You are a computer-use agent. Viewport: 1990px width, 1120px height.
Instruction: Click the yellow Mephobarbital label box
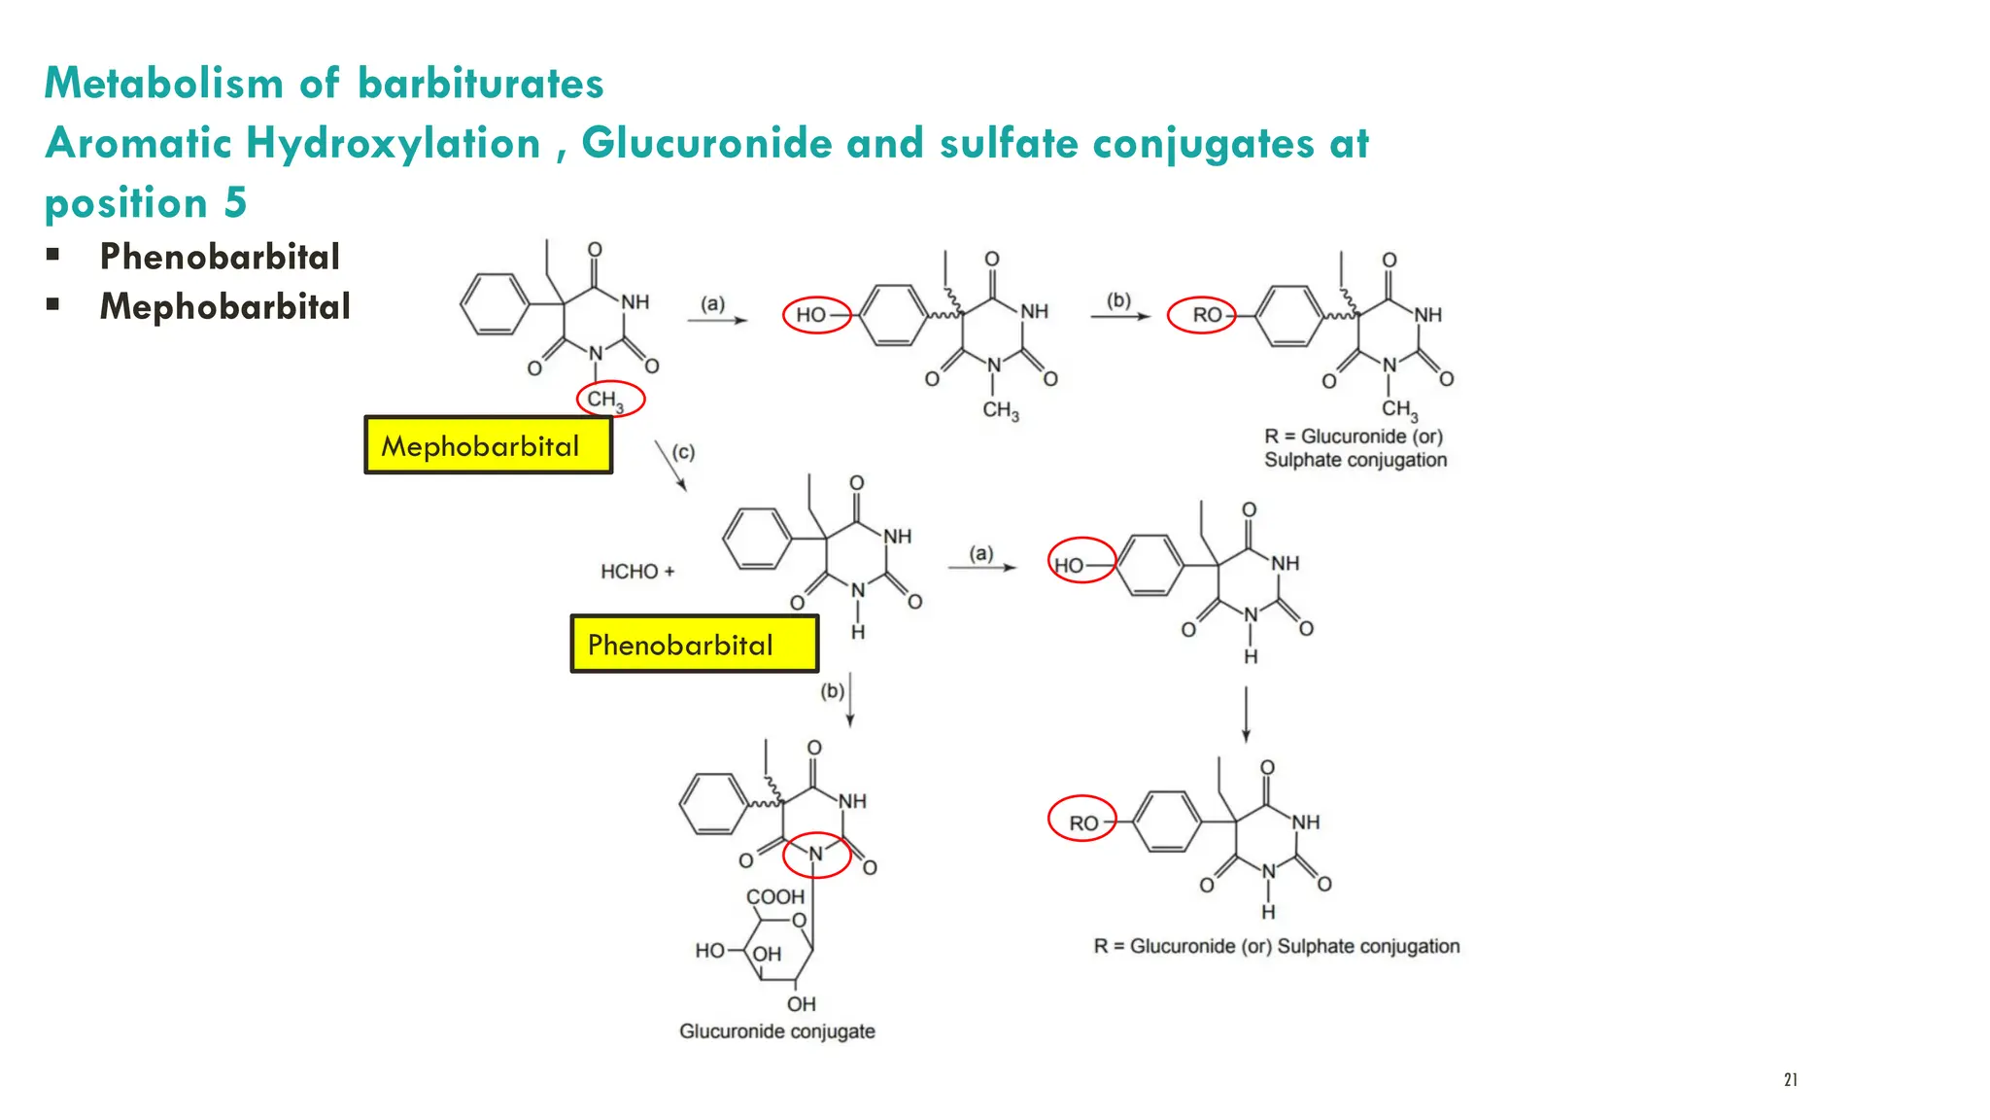coord(488,445)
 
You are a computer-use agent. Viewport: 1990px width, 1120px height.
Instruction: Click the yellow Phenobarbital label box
coord(694,644)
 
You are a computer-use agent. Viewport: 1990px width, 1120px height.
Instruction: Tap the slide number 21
coord(1791,1079)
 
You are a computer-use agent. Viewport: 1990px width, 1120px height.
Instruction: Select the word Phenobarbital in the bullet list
coord(220,257)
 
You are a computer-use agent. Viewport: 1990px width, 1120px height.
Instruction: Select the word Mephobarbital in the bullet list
coord(224,306)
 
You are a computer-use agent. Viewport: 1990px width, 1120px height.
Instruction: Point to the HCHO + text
coord(636,572)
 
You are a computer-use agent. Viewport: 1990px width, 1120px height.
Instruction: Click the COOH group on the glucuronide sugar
coord(774,896)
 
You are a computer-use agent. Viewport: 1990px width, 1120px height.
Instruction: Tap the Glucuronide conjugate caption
coord(776,1032)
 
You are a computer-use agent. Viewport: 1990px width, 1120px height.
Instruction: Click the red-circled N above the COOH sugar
coord(816,855)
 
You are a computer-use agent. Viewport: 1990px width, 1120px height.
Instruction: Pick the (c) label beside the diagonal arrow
coord(684,452)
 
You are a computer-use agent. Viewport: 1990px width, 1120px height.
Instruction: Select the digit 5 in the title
coord(236,202)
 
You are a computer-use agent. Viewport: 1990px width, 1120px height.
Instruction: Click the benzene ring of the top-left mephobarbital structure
coord(495,304)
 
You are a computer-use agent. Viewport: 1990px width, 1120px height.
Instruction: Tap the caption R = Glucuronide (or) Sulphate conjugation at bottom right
coord(1276,946)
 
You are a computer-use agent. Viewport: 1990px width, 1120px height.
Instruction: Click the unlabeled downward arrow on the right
coord(1246,715)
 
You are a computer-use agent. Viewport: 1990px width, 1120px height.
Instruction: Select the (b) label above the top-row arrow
coord(1118,300)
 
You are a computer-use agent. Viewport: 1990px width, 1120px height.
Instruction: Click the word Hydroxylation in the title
coord(393,144)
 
